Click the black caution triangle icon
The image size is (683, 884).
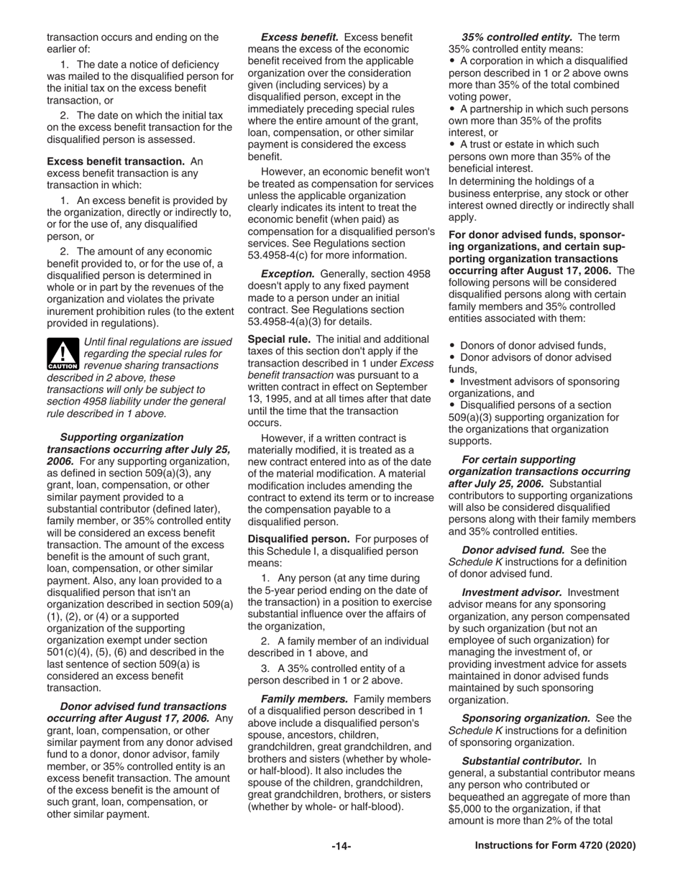click(x=63, y=354)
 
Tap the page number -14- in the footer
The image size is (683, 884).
click(x=341, y=847)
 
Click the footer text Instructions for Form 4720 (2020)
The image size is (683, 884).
click(x=555, y=847)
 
